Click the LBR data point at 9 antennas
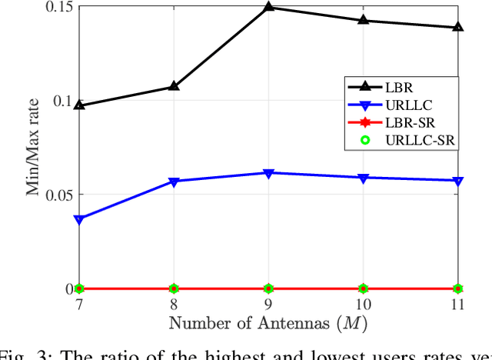(268, 7)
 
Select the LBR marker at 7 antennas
(79, 105)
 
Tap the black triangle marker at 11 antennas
(458, 27)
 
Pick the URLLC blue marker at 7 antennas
(79, 219)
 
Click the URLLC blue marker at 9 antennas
(268, 174)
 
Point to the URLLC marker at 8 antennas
(174, 182)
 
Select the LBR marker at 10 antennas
(364, 20)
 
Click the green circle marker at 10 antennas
(364, 288)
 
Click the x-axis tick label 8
(174, 305)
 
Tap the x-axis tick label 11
(458, 305)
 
